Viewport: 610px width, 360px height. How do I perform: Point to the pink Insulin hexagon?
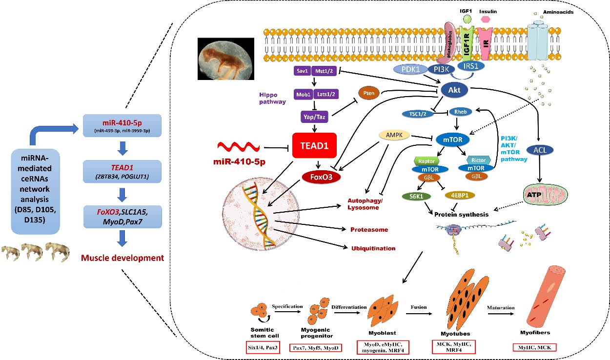click(485, 19)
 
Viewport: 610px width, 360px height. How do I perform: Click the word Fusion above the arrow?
click(419, 307)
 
